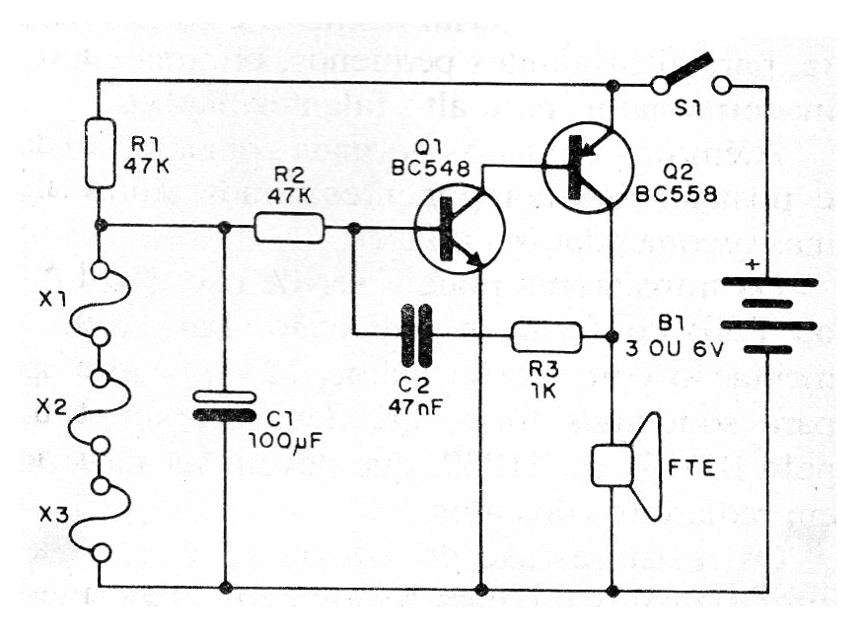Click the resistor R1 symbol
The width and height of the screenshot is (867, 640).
[x=101, y=153]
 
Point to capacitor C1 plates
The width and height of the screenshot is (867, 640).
[x=226, y=405]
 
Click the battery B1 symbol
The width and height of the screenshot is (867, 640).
[x=769, y=317]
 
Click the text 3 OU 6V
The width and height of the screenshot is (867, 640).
[x=677, y=347]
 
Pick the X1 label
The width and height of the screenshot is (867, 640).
[x=54, y=301]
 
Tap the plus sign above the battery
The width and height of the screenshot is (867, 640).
[x=754, y=265]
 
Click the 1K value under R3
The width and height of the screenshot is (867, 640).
[x=545, y=390]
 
